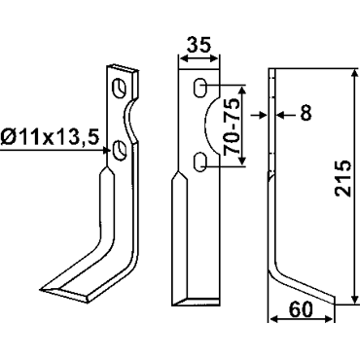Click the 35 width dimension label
point(199,45)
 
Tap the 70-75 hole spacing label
point(233,126)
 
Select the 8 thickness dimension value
point(306,113)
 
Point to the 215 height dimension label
point(343,178)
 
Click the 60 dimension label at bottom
point(301,309)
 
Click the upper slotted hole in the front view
point(200,88)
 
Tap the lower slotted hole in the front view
point(200,162)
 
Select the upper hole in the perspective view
point(120,88)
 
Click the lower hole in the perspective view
point(120,150)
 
